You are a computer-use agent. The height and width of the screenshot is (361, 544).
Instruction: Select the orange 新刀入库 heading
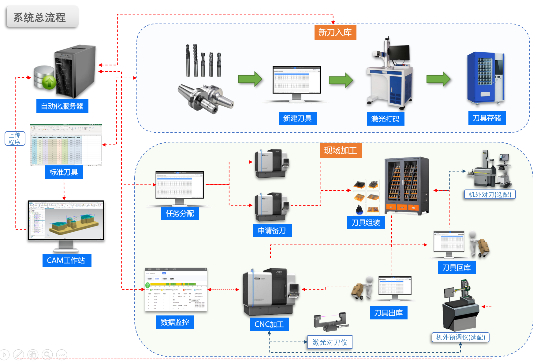click(x=335, y=32)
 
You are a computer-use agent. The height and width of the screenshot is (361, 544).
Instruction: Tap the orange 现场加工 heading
click(x=341, y=150)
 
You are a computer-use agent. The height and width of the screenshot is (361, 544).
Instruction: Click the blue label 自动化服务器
click(x=62, y=106)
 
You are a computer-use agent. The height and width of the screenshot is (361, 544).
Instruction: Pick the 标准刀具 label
click(x=64, y=172)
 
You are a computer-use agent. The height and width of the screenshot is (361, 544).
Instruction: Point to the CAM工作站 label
click(x=66, y=260)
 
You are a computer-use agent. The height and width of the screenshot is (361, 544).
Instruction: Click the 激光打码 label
click(x=385, y=119)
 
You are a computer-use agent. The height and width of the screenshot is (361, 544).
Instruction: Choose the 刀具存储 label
click(x=487, y=118)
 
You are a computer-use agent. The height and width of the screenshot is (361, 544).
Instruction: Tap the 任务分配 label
click(x=180, y=213)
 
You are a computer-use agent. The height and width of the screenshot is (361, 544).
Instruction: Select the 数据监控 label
click(x=175, y=322)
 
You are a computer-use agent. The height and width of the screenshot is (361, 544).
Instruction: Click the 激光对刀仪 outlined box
click(x=330, y=342)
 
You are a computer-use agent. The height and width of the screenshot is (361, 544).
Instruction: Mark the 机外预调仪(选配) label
click(x=460, y=337)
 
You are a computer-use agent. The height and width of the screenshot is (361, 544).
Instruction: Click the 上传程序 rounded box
click(x=15, y=138)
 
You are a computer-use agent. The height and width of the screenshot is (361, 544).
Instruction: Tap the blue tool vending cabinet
click(x=485, y=78)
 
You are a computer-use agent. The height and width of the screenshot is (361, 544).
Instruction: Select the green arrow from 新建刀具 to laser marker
click(x=341, y=80)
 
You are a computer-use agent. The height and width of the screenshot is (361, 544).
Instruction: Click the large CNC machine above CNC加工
click(x=269, y=292)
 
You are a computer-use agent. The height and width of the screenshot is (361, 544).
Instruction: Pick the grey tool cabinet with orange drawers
click(x=406, y=186)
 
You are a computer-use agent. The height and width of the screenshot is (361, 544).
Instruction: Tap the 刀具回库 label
click(x=456, y=267)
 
